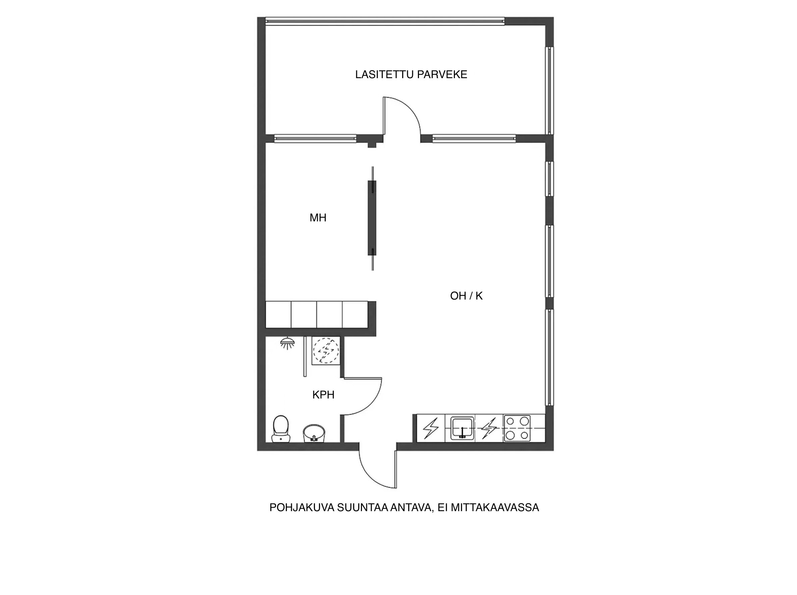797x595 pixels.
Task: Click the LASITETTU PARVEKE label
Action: tap(411, 74)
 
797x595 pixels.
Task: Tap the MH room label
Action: tap(318, 218)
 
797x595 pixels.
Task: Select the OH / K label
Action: tap(466, 296)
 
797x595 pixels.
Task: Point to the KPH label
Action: tap(323, 395)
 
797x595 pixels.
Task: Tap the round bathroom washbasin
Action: tap(314, 433)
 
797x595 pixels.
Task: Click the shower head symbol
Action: tap(287, 343)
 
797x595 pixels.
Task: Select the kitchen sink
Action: tap(462, 428)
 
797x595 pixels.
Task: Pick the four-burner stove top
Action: tap(517, 428)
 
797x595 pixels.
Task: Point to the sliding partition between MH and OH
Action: tap(372, 218)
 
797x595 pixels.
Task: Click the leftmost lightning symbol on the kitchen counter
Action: tap(431, 428)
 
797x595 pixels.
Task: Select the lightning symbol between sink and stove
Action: tap(489, 428)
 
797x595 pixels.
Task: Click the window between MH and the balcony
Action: tap(315, 138)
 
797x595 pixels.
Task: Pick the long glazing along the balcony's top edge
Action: tap(385, 21)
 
